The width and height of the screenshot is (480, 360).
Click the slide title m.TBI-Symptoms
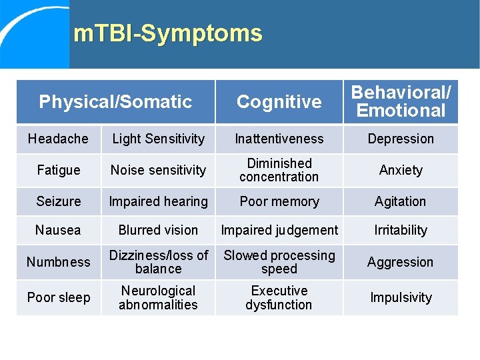[x=168, y=33]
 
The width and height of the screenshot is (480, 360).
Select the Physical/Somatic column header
[x=115, y=102]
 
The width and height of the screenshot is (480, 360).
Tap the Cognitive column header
[x=279, y=102]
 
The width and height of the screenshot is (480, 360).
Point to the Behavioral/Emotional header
[x=401, y=102]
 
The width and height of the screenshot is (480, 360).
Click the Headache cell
[x=58, y=139]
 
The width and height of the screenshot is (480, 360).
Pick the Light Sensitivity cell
[x=158, y=139]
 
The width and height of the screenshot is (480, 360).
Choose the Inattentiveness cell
[x=279, y=139]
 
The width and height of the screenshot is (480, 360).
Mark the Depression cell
[x=401, y=139]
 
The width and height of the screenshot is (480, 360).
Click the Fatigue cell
[x=58, y=170]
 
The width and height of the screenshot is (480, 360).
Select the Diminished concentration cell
[x=279, y=170]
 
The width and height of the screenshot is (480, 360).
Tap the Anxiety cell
[x=401, y=170]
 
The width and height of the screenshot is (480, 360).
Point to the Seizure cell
[x=58, y=201]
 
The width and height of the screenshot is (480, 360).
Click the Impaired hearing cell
[x=158, y=201]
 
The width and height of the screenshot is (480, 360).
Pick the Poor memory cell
[x=279, y=201]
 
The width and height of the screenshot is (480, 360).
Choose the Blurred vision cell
[x=158, y=230]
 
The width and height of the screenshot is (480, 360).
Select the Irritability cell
[x=401, y=230]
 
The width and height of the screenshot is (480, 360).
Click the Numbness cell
[x=58, y=262]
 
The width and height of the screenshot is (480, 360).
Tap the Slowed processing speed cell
[x=279, y=262]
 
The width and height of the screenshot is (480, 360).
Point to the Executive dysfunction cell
[x=279, y=297]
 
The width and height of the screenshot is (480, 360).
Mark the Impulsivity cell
[x=401, y=297]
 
